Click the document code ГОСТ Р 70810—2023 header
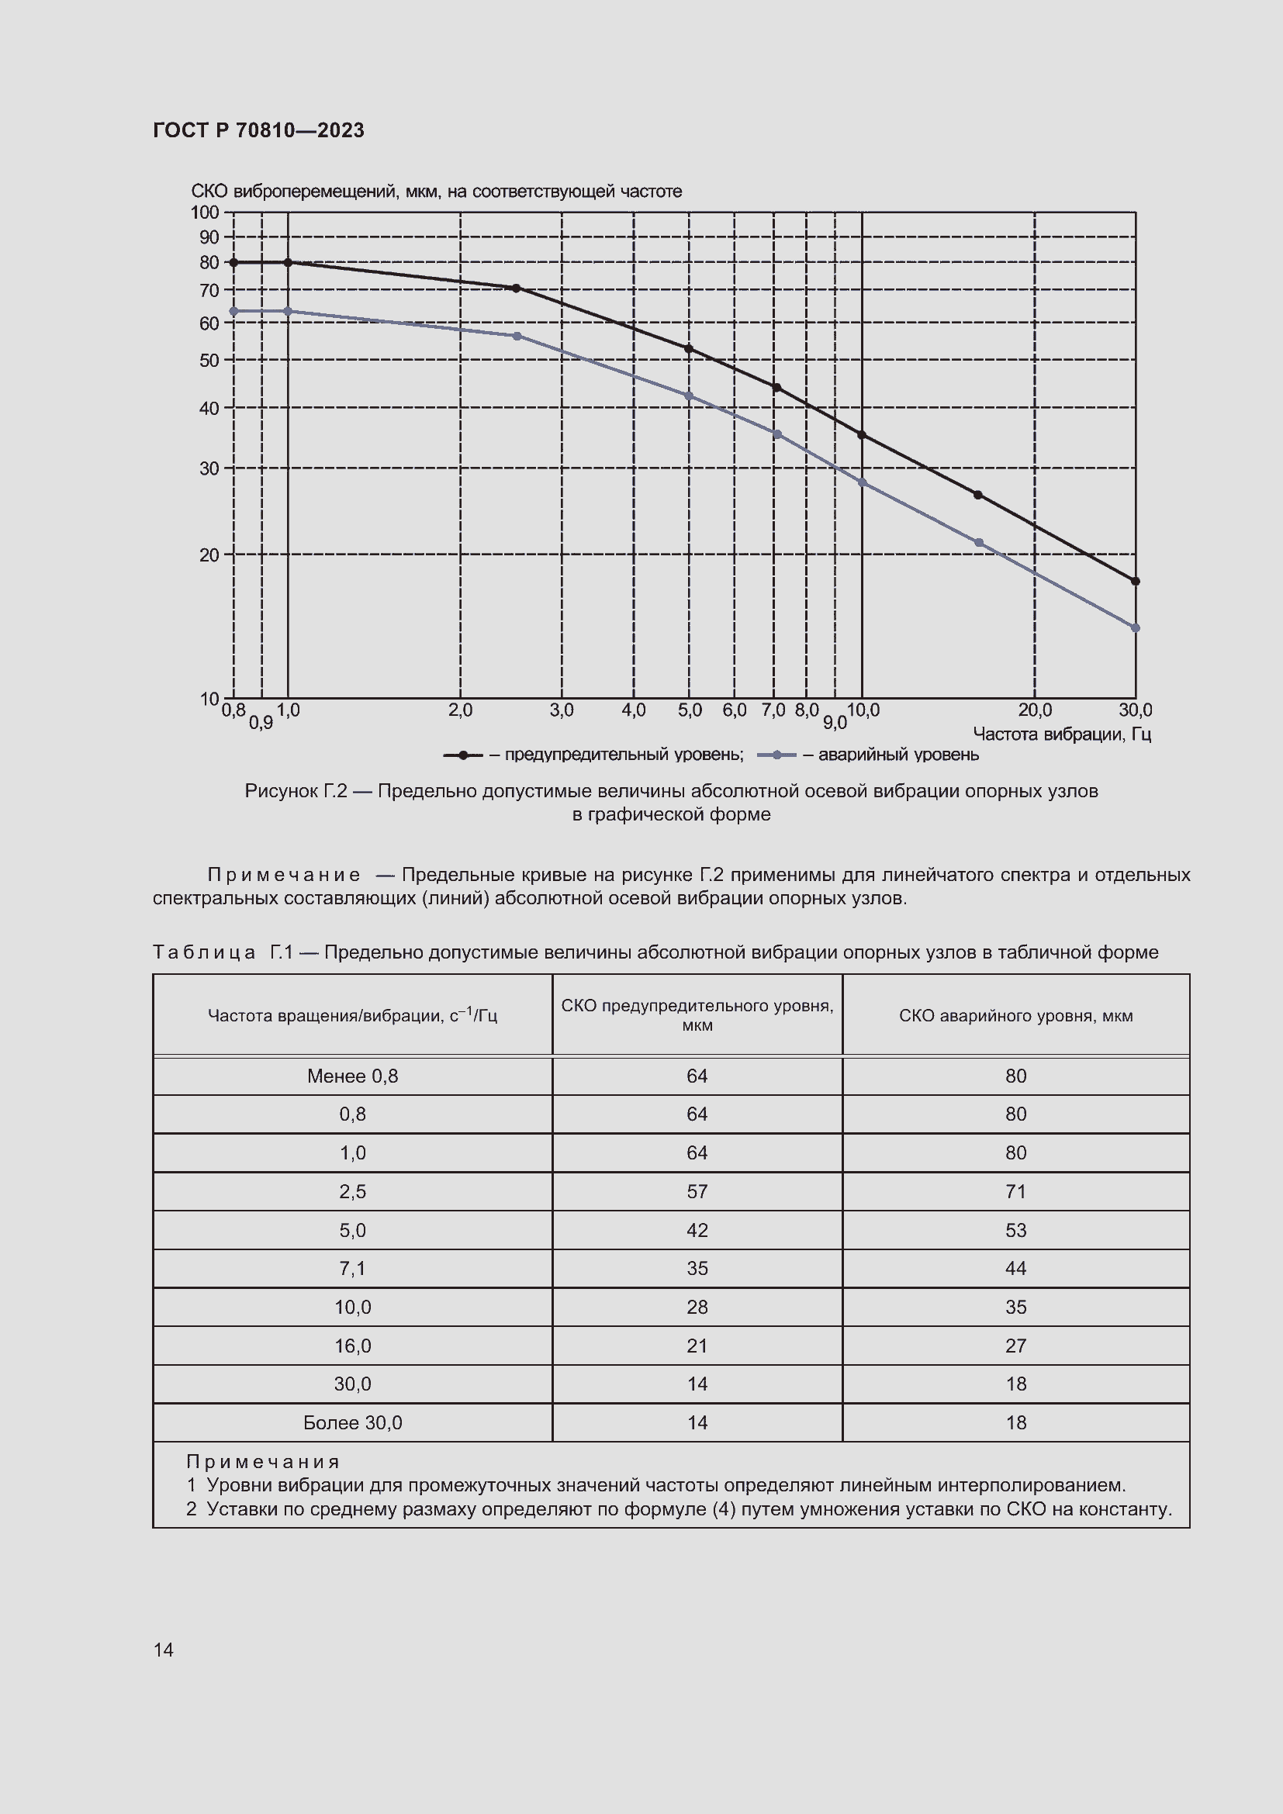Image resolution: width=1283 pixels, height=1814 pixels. tap(258, 130)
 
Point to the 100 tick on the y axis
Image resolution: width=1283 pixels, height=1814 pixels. tap(205, 212)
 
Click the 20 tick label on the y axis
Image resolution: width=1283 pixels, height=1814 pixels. tap(209, 555)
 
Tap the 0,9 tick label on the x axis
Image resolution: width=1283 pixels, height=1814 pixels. tap(261, 723)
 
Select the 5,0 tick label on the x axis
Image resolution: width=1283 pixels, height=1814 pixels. tap(689, 710)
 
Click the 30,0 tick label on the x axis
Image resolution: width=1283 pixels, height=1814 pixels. tap(1136, 710)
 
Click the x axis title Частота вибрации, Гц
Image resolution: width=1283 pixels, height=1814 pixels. tap(1061, 734)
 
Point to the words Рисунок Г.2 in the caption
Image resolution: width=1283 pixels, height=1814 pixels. tap(296, 791)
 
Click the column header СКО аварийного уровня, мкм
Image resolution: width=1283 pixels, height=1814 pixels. tap(1015, 1016)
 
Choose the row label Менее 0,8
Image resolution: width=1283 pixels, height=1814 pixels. tap(352, 1076)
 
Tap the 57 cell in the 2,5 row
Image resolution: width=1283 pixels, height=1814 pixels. tap(697, 1191)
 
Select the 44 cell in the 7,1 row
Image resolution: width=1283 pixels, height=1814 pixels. tap(1015, 1268)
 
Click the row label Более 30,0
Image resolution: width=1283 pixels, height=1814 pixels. tap(352, 1423)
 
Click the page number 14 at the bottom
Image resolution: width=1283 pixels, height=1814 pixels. tap(164, 1650)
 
